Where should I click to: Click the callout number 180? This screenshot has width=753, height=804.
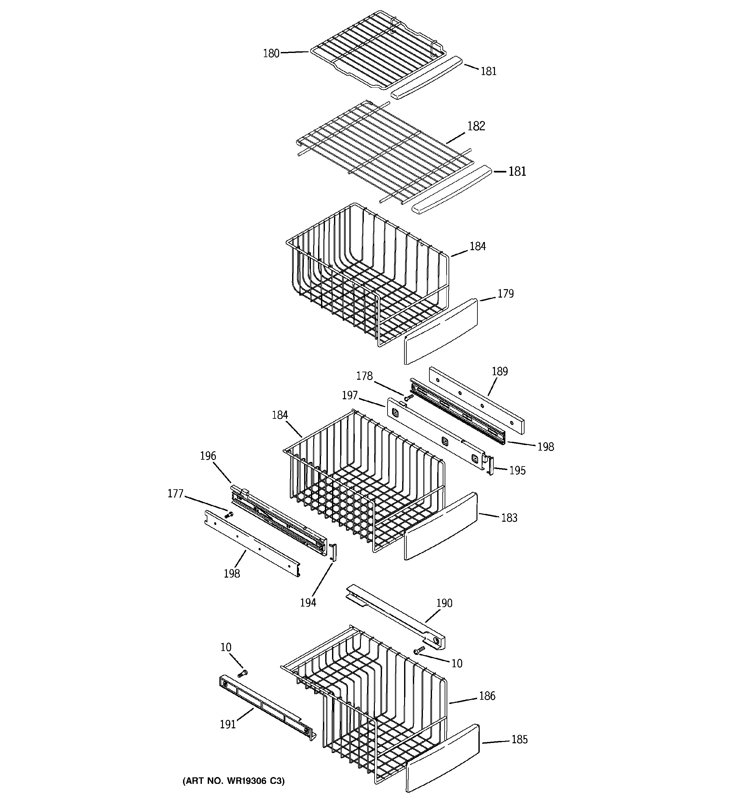(271, 53)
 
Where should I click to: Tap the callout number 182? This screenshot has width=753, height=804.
(476, 126)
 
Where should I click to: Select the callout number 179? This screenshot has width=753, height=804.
(505, 294)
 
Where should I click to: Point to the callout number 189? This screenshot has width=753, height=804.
(500, 371)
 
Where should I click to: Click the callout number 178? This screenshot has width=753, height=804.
(364, 376)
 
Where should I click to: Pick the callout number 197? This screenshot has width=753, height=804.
(350, 395)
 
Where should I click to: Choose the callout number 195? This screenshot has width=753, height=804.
(517, 470)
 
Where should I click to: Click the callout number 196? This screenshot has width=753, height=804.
(208, 456)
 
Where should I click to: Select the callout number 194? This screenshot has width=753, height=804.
(308, 603)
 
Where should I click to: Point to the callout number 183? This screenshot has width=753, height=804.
(509, 518)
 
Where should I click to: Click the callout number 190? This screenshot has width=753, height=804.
(444, 603)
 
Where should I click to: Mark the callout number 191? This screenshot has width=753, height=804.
(228, 724)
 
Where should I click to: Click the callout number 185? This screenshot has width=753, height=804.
(519, 739)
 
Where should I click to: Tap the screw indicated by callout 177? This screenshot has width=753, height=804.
(229, 515)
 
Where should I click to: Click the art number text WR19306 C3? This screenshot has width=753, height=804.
(234, 781)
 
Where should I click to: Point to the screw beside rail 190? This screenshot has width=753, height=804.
(419, 650)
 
